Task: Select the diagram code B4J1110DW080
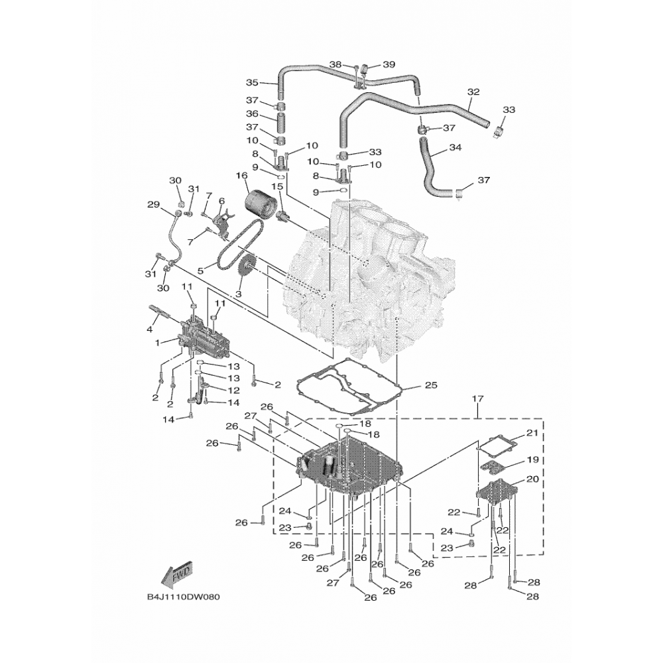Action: (x=183, y=597)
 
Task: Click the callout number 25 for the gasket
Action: (x=431, y=385)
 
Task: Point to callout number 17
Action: (x=478, y=398)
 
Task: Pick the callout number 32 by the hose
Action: (x=473, y=91)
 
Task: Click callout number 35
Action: (x=251, y=83)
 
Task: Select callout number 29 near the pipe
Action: (x=153, y=204)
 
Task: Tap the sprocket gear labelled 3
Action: (x=245, y=270)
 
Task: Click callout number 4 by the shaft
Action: (x=150, y=330)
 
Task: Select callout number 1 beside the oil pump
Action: (x=157, y=343)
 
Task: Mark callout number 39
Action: (x=389, y=64)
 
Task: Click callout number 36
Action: (x=251, y=113)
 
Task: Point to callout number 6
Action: (x=221, y=201)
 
